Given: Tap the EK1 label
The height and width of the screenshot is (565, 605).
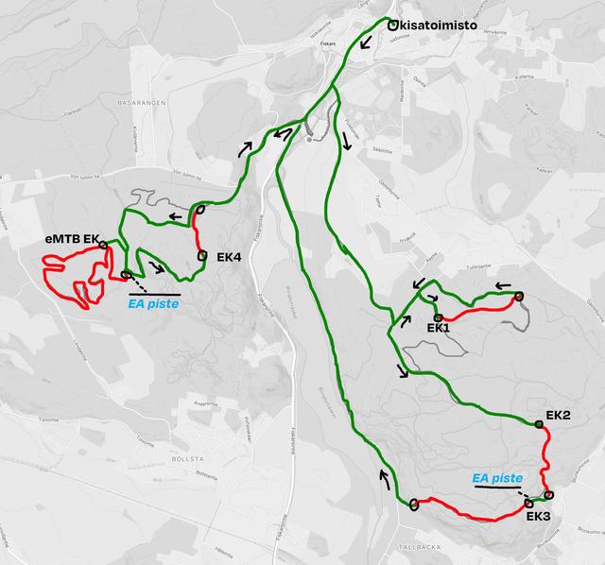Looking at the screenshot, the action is coord(438,328).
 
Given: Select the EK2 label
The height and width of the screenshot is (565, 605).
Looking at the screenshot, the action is coord(559,416).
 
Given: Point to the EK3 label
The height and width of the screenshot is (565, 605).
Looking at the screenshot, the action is coord(538,517).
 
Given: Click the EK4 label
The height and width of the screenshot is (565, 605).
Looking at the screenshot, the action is coord(230,256).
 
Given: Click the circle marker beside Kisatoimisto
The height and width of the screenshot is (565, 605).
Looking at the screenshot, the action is coord(391,26).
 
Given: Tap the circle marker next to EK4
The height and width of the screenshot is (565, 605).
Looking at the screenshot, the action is coord(202,255).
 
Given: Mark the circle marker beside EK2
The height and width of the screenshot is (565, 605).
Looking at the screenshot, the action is coord(540,425).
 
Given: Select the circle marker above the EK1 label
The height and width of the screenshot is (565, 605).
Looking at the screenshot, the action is coord(439,316).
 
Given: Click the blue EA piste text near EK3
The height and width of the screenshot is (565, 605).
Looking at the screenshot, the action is coord(496,478).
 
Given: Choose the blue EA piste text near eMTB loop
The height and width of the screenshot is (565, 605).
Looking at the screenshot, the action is coord(153,304).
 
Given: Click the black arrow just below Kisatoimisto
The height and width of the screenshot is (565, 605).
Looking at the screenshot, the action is coord(365,43).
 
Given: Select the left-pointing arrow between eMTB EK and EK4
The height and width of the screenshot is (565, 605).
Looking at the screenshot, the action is coord(177,217).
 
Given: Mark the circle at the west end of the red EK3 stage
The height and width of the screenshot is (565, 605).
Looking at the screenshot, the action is coord(414,504).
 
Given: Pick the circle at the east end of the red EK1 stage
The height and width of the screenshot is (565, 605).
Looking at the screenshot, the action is coord(518,298).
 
